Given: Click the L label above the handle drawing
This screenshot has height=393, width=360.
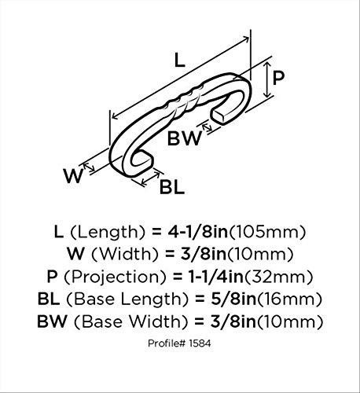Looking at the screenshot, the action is coord(180,60).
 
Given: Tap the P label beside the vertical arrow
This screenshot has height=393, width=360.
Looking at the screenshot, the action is coord(278,78).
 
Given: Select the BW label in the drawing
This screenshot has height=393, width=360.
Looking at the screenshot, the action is coord(185,138).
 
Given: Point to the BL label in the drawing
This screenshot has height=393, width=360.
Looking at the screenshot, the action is coord(172,187).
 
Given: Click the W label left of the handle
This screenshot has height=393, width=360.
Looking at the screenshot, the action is coord(73,176).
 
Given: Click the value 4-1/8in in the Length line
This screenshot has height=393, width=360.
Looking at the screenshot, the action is coord(198,232).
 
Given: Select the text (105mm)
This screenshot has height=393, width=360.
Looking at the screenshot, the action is coord(267,232).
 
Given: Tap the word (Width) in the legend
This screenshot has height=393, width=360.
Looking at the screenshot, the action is coord(125,254).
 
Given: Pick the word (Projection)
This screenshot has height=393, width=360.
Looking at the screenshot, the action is coord(115,277).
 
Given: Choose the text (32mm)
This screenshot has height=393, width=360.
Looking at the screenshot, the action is coord(278,277).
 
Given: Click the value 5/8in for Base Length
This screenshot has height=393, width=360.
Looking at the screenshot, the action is coord(233,299).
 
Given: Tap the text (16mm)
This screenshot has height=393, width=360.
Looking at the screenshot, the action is coord(289,299).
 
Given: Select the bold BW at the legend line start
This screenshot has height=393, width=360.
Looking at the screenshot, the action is coord(53,321).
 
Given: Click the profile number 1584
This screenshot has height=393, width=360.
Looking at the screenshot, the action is coord(200,343).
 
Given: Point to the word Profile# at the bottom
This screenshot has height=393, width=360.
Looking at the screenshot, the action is coord(167,343).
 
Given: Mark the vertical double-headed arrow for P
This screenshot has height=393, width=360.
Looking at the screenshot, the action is coord(267,79).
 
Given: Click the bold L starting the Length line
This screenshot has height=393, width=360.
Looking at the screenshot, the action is coord(59,232).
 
